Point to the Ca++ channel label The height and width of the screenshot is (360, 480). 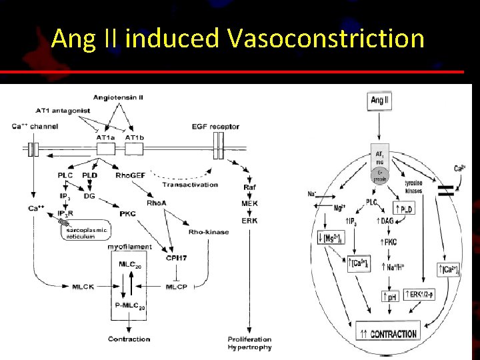tap(35, 126)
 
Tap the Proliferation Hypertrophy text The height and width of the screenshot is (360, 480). tap(250, 343)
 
